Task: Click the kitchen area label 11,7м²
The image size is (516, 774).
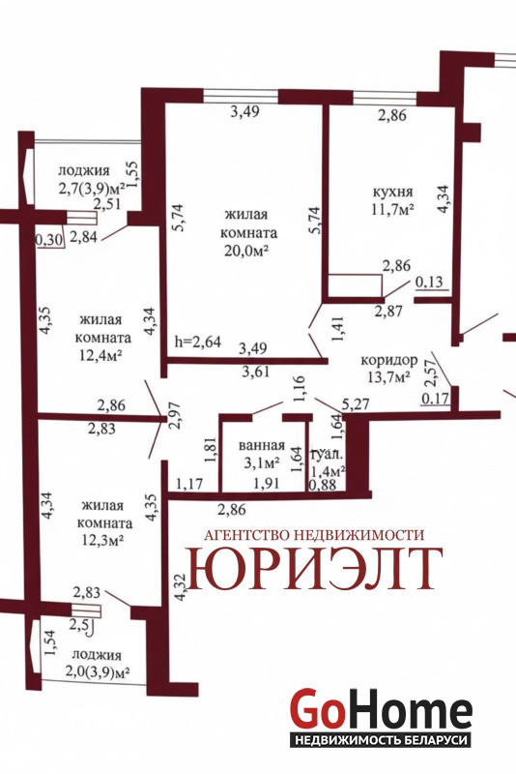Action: click(x=392, y=208)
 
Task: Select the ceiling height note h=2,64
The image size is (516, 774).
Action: click(x=198, y=342)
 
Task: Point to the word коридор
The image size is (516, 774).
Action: click(x=389, y=360)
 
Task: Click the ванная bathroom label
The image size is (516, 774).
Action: click(x=261, y=445)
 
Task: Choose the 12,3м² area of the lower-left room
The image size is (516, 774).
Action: click(x=102, y=541)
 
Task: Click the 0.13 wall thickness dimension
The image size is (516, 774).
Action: click(x=429, y=282)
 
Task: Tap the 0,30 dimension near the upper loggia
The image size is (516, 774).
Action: click(x=49, y=240)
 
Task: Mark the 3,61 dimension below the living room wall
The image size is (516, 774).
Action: click(x=256, y=372)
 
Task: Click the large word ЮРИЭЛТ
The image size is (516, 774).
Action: click(x=314, y=568)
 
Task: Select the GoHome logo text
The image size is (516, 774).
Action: click(x=381, y=708)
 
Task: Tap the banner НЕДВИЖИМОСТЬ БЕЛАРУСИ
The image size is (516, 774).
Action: click(x=380, y=740)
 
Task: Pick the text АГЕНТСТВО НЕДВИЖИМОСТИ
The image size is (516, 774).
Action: click(x=314, y=535)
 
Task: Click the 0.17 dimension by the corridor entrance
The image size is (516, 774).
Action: click(x=435, y=398)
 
